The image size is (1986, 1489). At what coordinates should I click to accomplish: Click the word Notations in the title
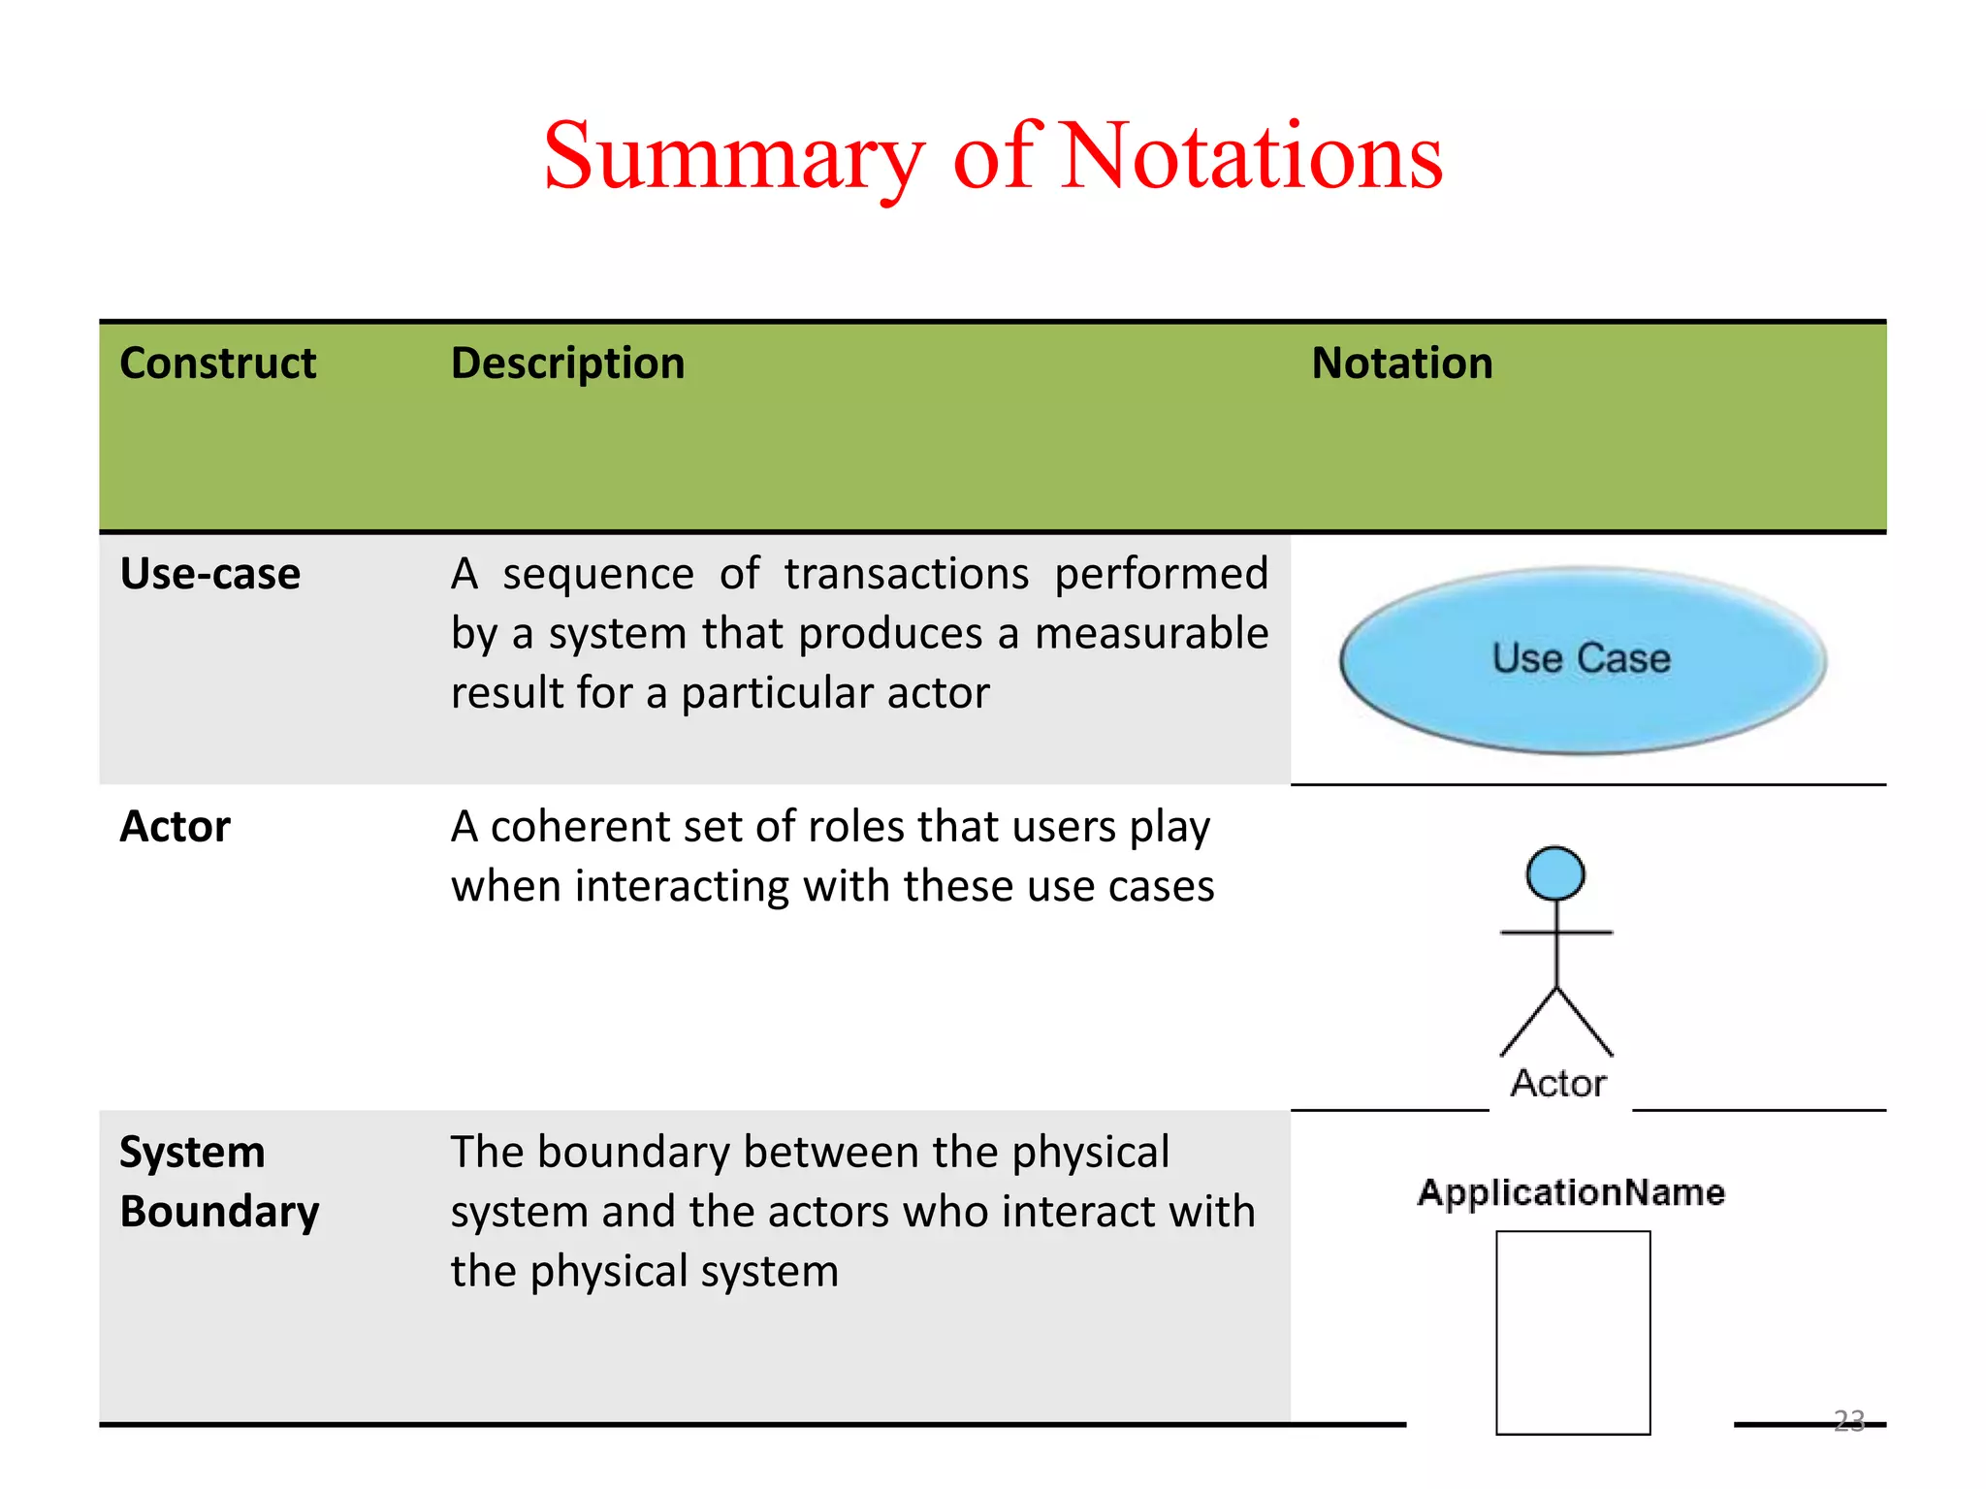coord(1252,157)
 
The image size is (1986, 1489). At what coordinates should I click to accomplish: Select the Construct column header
coord(217,364)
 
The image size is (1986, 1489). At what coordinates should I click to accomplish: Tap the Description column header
coord(567,364)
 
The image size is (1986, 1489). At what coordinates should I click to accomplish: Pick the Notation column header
coord(1401,364)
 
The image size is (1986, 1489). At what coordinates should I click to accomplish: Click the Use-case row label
coord(209,574)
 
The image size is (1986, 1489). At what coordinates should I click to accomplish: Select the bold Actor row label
coord(175,827)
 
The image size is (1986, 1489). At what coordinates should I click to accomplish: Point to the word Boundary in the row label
coord(219,1212)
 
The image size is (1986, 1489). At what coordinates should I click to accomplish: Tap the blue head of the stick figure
coord(1555,873)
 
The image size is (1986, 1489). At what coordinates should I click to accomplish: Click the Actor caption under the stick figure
coord(1557,1084)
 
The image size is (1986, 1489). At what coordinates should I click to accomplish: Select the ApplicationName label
coord(1571,1192)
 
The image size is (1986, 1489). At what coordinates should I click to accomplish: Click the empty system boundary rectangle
coord(1573,1333)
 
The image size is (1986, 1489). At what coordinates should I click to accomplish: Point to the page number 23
coord(1849,1420)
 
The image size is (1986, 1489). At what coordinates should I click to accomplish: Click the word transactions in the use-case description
coord(906,574)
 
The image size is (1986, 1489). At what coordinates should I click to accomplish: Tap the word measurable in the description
coord(1151,634)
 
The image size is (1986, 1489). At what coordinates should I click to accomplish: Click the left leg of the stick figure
coord(1527,1024)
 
